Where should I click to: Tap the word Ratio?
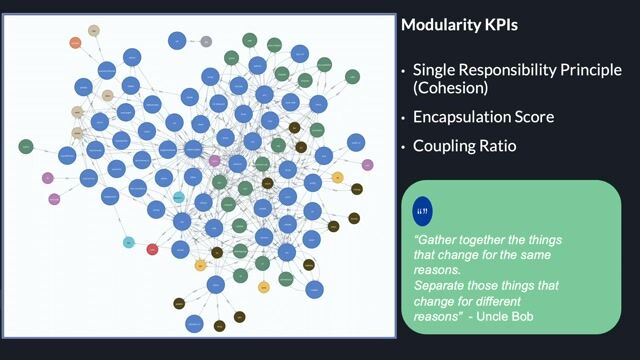coord(499,146)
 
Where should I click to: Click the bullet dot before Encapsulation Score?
coord(404,118)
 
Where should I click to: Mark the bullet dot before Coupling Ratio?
coord(404,147)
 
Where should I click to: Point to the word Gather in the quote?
coord(436,241)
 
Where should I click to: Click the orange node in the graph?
coord(75,42)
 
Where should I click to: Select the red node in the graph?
coord(153,249)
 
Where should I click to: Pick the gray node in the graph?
coord(206,42)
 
